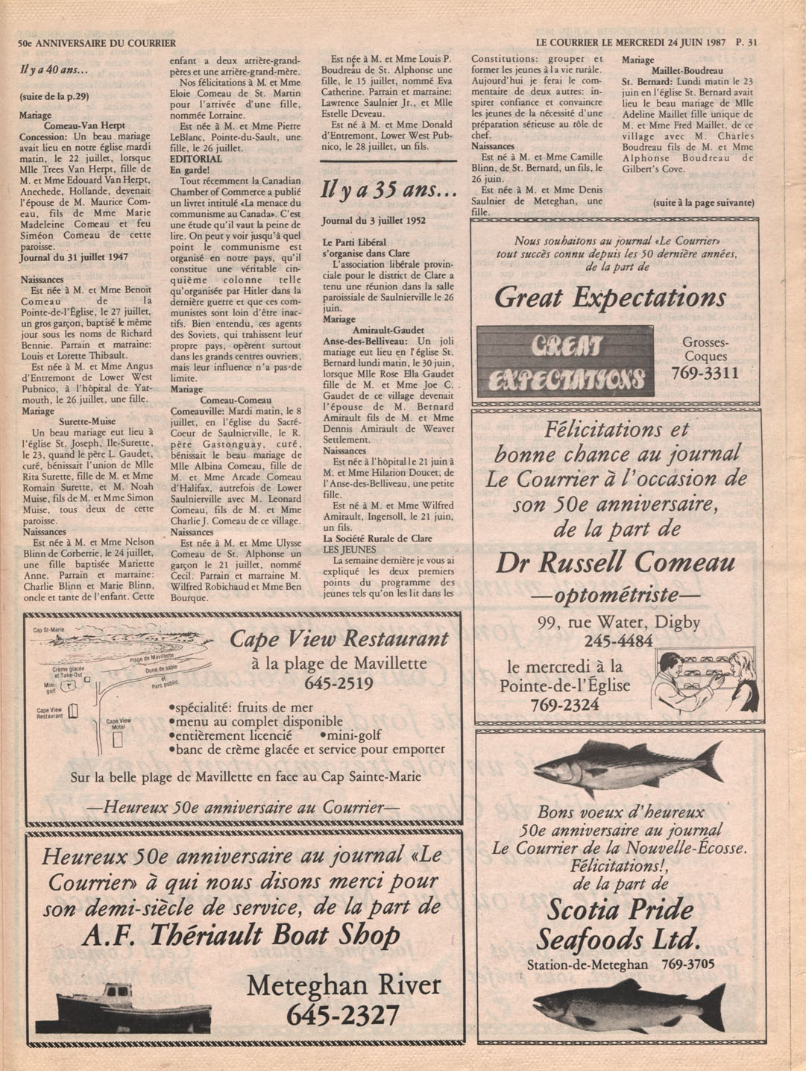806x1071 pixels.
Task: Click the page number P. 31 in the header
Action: pos(745,43)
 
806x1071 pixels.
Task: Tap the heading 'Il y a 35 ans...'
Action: pos(388,192)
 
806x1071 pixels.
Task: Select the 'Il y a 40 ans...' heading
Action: pos(54,71)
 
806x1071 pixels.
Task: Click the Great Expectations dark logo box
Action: pos(564,360)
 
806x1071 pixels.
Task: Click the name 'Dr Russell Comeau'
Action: pos(615,562)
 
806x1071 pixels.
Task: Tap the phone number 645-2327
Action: pos(343,1014)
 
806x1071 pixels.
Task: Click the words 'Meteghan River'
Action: pos(344,985)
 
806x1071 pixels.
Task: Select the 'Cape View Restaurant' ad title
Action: pos(339,638)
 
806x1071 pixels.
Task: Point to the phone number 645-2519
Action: pos(339,682)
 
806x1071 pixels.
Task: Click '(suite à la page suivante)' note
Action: pos(703,203)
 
